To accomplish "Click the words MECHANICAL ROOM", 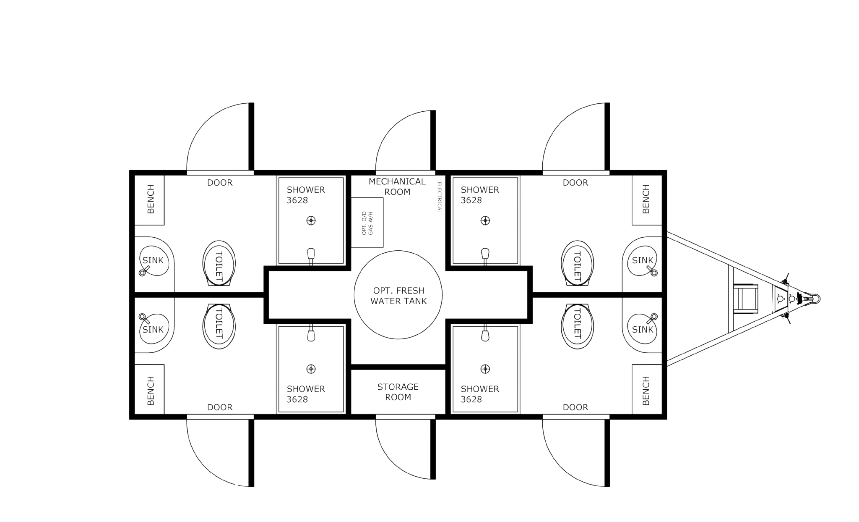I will pos(397,186).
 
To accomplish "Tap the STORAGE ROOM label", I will pos(398,391).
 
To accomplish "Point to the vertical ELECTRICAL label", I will pos(439,198).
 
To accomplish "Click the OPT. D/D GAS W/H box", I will pos(368,223).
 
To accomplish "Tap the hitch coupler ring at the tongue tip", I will pos(815,299).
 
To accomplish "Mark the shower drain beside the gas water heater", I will pos(311,220).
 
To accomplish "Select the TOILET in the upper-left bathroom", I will pos(219,264).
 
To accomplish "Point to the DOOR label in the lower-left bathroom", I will pos(220,407).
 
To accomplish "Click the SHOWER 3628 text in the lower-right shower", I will pos(479,394).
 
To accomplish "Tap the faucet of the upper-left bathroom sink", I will pos(143,272).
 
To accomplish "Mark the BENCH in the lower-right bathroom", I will pos(646,391).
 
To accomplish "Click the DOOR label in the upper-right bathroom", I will pos(575,183).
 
